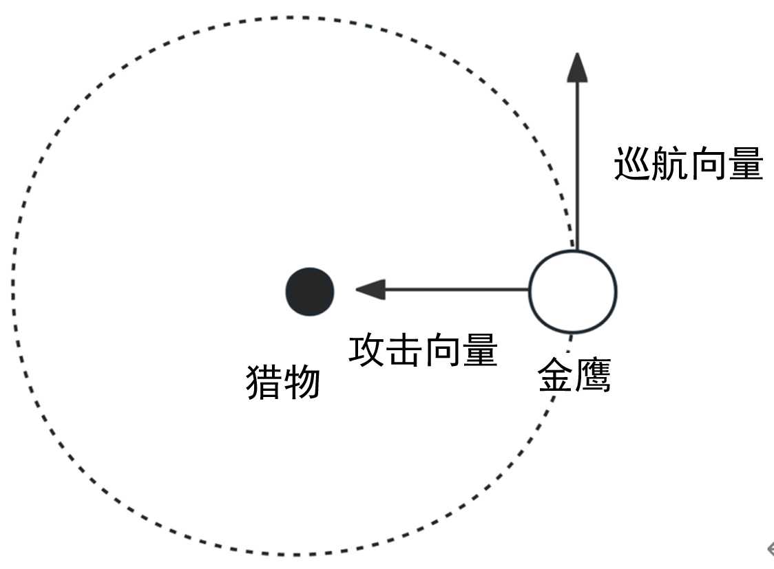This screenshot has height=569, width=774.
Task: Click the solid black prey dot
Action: pos(310,292)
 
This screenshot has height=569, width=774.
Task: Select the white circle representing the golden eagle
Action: pos(572,292)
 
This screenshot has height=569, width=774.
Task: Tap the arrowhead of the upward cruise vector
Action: pos(577,67)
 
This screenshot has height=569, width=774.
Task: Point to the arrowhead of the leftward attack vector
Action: pos(370,290)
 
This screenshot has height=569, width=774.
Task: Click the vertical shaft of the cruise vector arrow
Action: pos(577,165)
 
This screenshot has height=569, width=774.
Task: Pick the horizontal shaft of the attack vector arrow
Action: pos(454,290)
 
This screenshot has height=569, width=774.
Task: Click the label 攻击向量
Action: pos(423,351)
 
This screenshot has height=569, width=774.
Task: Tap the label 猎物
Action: pos(283,383)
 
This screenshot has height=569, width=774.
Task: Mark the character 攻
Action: pos(367,351)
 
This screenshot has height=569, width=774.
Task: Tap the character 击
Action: pos(404,351)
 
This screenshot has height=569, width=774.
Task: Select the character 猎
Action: pos(264,383)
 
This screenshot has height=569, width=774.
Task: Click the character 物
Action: pos(302,383)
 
